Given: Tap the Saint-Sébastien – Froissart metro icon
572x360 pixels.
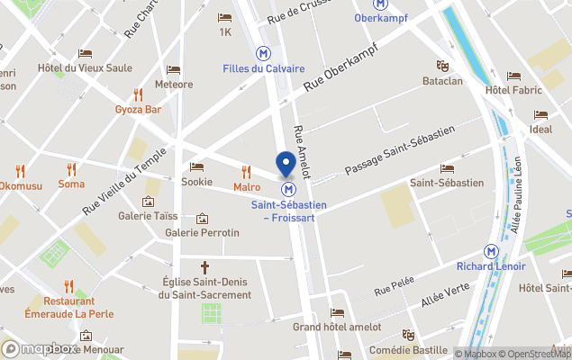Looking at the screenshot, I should [289, 190].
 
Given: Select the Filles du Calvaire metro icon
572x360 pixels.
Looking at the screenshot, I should [264, 53].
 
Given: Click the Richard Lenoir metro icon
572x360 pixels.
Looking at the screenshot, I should [492, 251].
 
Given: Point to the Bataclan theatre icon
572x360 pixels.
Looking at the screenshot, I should [442, 66].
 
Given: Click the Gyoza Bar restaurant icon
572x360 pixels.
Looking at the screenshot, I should [138, 94].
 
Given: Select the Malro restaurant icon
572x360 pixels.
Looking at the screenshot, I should [246, 171].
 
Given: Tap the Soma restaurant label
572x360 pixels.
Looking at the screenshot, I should [71, 184].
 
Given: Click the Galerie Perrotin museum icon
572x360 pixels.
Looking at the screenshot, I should [202, 218].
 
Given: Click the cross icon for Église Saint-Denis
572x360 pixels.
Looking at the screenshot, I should [204, 266].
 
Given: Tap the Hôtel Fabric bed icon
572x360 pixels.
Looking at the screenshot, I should [513, 76].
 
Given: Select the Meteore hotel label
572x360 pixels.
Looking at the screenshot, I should [174, 85].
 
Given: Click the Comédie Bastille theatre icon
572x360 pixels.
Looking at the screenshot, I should [407, 335].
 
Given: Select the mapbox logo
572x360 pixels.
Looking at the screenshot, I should [40, 348].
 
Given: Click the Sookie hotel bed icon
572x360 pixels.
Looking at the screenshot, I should [196, 166].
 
